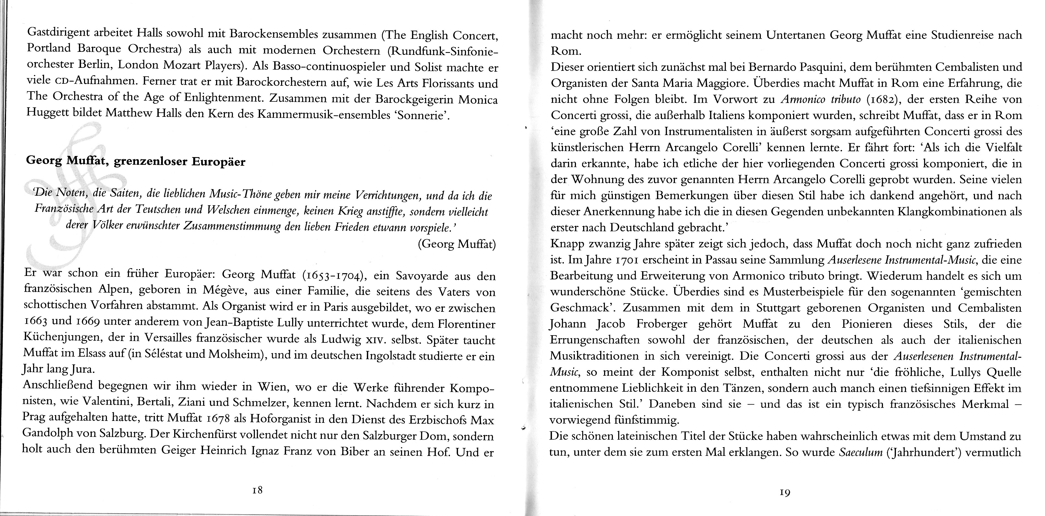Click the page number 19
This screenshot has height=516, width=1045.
pyautogui.click(x=785, y=493)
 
